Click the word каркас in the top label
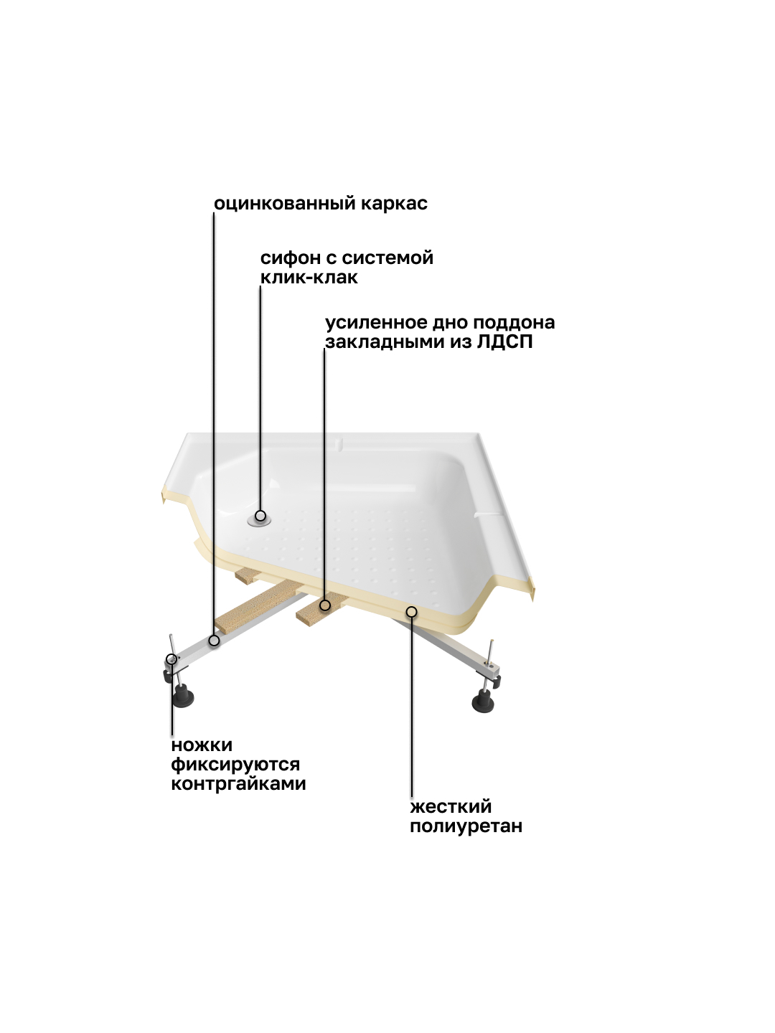coord(395,204)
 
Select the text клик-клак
coord(309,277)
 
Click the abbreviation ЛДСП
coord(505,342)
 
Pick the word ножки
coord(202,745)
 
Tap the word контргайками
coord(238,783)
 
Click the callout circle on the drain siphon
coord(260,516)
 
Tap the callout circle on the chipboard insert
coord(324,605)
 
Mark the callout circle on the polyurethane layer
coord(412,612)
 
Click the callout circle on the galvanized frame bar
coord(214,641)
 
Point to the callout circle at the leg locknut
coord(172,659)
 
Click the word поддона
coord(514,324)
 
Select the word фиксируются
coord(235,765)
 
